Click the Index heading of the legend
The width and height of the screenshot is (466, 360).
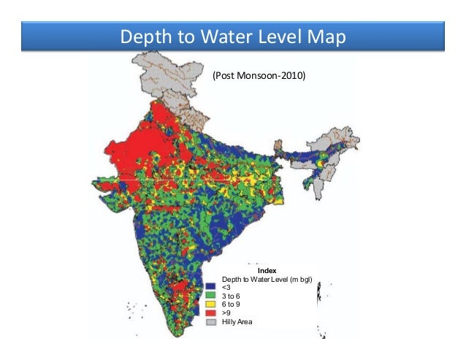[x=267, y=270]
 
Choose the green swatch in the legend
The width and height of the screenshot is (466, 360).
[x=211, y=296]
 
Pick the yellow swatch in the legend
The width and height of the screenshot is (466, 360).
[x=211, y=305]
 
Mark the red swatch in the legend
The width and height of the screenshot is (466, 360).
[x=211, y=313]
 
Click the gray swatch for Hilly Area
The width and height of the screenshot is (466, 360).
[x=211, y=321]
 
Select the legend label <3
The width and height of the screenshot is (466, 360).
[x=226, y=288]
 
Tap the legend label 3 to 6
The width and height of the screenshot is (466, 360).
[x=231, y=296]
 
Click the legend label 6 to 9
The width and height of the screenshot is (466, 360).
[x=231, y=305]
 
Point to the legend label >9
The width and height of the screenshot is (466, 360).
[x=226, y=313]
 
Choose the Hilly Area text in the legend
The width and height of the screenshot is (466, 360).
[x=237, y=321]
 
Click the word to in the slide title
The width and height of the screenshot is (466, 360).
[x=177, y=37]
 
